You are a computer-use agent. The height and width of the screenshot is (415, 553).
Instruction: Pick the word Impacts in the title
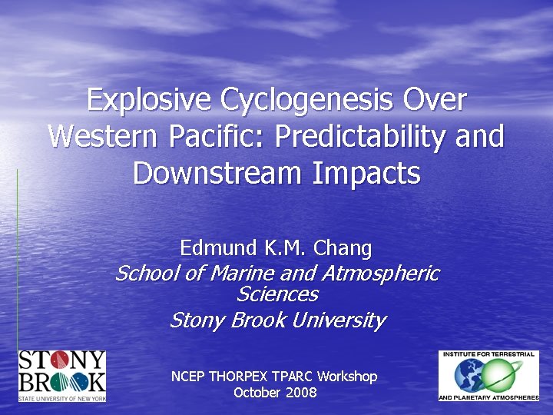pyautogui.click(x=366, y=173)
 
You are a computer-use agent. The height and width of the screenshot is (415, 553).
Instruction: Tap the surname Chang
pyautogui.click(x=343, y=248)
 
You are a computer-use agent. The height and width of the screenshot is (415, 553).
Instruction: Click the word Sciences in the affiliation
pyautogui.click(x=276, y=294)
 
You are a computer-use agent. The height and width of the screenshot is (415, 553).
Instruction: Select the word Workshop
pyautogui.click(x=347, y=377)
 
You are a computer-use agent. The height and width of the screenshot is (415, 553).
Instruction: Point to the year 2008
pyautogui.click(x=300, y=393)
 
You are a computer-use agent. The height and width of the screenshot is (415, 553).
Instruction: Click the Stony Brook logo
pyautogui.click(x=61, y=376)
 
